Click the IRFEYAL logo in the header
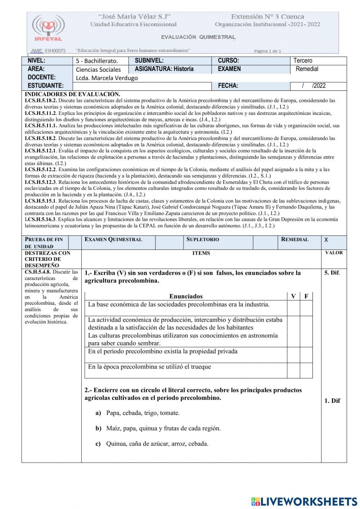48,28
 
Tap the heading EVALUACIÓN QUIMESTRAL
198,37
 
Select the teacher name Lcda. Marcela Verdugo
107,78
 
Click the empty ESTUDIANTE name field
142,86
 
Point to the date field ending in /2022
314,86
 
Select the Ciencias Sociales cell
98,70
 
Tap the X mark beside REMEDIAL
326,240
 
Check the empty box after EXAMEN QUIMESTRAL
169,242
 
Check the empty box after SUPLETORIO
265,242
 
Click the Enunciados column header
186,296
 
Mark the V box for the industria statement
293,308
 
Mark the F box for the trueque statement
306,370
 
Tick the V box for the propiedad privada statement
293,355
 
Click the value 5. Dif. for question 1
332,273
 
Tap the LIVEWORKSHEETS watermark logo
304,501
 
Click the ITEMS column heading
201,253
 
